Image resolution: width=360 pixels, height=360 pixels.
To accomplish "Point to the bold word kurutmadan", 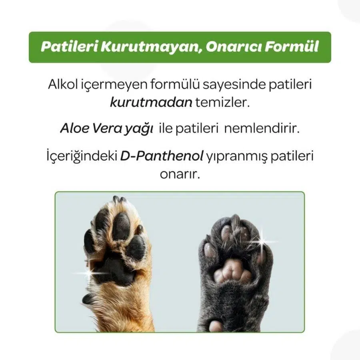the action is (151, 102).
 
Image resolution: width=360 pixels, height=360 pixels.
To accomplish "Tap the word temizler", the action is (222, 102).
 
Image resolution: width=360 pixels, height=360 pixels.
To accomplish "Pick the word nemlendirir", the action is (262, 128).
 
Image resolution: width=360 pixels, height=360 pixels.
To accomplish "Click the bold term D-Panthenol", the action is (162, 156).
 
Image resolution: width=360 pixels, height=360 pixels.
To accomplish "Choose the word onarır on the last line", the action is (180, 175).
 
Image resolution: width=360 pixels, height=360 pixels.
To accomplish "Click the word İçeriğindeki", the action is (82, 156).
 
